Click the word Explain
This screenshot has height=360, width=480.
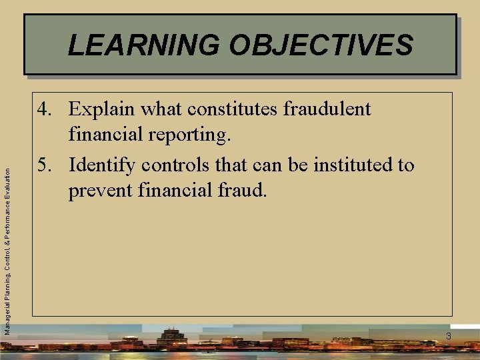click(x=101, y=109)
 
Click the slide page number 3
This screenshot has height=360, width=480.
click(x=449, y=336)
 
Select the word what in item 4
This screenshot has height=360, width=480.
click(x=162, y=109)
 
